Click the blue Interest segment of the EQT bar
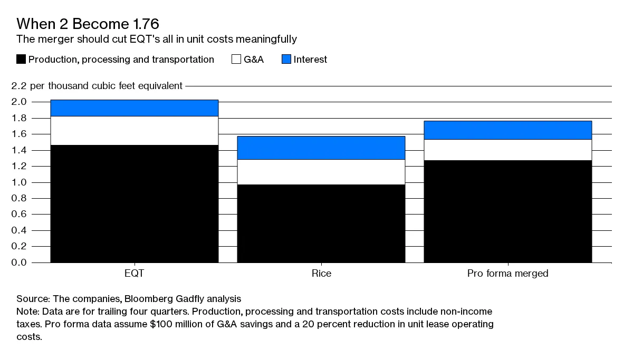[134, 108]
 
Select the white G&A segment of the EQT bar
[134, 131]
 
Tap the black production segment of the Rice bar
[321, 223]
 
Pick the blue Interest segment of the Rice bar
[321, 148]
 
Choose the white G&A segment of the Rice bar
[321, 172]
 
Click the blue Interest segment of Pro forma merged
[507, 130]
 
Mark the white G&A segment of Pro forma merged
[507, 150]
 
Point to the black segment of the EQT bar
[134, 203]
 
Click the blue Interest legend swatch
[285, 60]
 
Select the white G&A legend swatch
[236, 60]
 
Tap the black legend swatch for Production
[21, 60]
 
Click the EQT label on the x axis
[134, 274]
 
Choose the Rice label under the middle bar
[321, 274]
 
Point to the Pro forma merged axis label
[507, 274]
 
